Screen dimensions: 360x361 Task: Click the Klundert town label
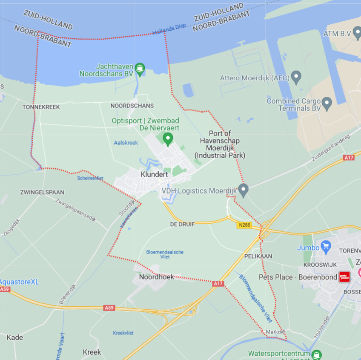tap(154, 174)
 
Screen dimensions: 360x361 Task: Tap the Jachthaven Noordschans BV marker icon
tap(139, 68)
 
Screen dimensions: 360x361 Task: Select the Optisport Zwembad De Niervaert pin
tap(168, 138)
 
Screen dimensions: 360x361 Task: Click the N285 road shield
tap(244, 225)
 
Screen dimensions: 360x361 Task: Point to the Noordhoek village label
tap(156, 277)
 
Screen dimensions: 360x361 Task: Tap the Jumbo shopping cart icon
tap(326, 246)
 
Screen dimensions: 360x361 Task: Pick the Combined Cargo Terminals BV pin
tap(327, 102)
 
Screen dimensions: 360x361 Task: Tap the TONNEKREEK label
tap(41, 107)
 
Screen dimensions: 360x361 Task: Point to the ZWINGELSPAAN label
tap(42, 193)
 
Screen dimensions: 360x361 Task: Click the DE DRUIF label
tap(182, 224)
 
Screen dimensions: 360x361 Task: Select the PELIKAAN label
tap(258, 256)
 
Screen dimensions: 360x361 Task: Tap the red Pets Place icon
tap(344, 277)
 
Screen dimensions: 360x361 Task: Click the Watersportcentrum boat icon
tap(316, 354)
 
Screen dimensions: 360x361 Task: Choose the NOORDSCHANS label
tap(132, 106)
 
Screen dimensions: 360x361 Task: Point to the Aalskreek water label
tap(126, 143)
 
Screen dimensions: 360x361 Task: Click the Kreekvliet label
tap(123, 333)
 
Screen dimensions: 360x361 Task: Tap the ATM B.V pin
tap(357, 33)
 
